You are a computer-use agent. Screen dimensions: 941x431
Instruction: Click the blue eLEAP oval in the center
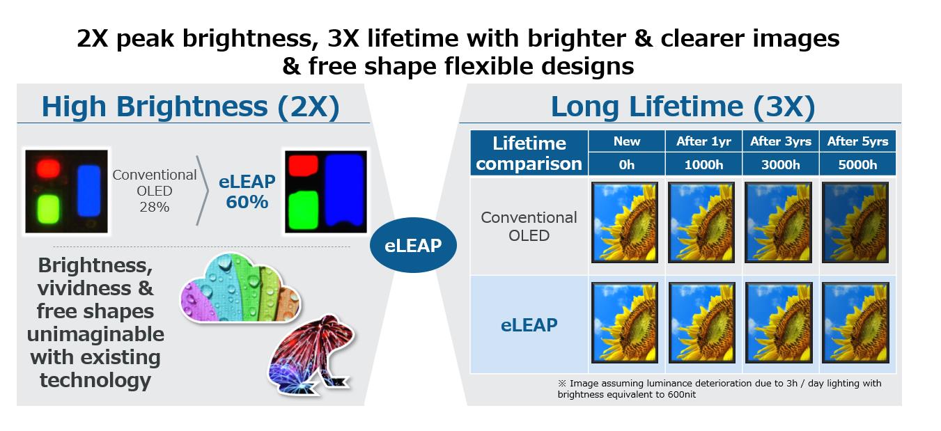413,245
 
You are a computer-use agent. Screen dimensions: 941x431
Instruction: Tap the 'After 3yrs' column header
781,141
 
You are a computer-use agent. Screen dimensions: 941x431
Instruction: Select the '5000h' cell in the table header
857,164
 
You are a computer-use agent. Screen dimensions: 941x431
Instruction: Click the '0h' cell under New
626,164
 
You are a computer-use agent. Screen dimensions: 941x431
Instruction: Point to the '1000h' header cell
703,164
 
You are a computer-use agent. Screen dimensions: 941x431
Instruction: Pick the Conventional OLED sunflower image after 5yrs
855,223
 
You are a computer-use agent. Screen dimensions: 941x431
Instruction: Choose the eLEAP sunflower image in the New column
625,322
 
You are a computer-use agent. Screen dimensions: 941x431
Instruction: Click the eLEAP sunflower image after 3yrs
779,322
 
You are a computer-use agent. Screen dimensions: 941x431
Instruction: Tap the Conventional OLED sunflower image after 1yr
701,223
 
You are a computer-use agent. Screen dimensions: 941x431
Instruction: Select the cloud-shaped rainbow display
240,288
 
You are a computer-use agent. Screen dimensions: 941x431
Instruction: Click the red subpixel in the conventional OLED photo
48,168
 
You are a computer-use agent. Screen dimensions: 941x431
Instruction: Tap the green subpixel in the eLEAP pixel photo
304,210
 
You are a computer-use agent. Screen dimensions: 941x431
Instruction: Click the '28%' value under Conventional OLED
155,207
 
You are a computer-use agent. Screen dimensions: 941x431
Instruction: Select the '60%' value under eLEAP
247,202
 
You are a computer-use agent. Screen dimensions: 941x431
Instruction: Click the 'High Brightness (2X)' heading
190,107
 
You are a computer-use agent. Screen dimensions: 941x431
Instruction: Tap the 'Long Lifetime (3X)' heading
683,107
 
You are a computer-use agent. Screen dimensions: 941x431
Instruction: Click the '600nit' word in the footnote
682,395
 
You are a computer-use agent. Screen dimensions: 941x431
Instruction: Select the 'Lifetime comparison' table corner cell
529,153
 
